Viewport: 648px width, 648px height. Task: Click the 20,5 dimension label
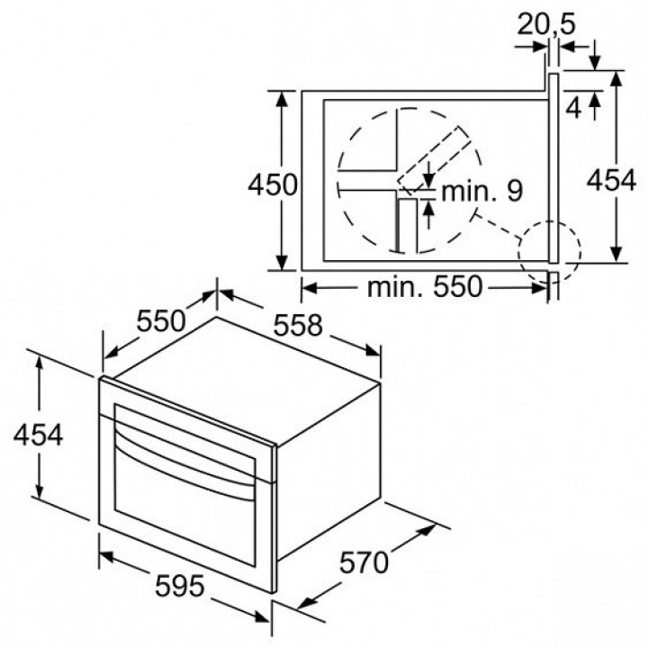coord(546,24)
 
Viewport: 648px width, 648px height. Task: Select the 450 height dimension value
coord(273,184)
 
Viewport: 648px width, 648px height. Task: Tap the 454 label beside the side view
coord(611,180)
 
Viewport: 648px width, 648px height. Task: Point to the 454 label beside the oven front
coord(38,435)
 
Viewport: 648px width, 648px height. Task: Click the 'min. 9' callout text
coord(481,191)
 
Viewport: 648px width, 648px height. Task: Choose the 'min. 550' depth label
coord(425,287)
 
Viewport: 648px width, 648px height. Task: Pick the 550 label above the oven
coord(161,321)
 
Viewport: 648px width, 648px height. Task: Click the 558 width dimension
coord(298,325)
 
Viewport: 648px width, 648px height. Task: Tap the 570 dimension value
coord(364,562)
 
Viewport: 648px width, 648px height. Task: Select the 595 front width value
coord(179,586)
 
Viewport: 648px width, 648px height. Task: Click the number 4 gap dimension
coord(573,109)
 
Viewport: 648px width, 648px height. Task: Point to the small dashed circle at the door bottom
coord(549,252)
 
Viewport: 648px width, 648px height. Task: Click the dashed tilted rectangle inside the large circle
coord(435,160)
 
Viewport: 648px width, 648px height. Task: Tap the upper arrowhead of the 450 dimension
coord(282,99)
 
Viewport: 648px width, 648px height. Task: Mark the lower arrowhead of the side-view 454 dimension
coord(616,254)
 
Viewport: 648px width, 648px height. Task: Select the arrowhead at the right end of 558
coord(373,351)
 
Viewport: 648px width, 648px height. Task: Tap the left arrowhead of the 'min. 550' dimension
coord(310,288)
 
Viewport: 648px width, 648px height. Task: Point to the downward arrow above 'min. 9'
coord(429,175)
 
